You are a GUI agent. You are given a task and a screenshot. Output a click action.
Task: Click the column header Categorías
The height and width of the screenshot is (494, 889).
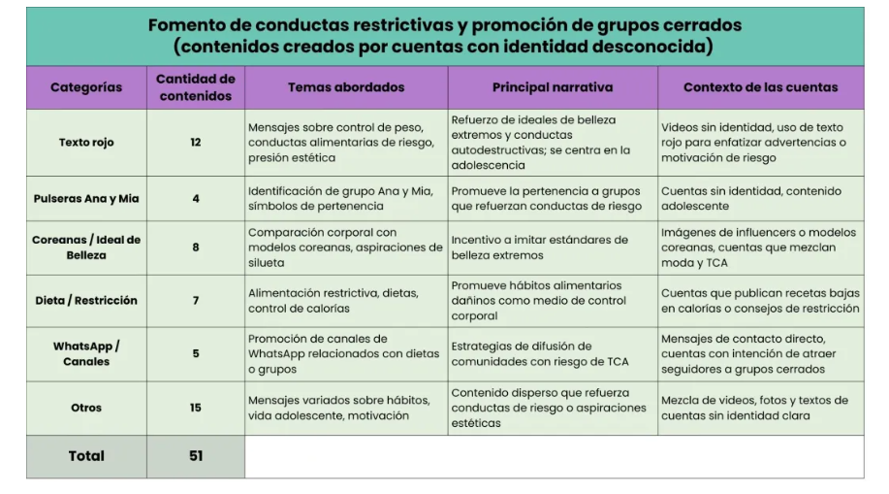point(86,87)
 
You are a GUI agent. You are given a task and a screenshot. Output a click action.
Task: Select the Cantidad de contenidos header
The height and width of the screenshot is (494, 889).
point(196,87)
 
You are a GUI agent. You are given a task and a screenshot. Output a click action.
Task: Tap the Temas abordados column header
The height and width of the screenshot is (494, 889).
point(346,87)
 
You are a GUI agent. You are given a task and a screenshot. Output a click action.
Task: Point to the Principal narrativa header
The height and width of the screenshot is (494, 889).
point(553,87)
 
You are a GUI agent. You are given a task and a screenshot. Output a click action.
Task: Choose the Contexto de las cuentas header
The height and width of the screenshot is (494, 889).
point(760,87)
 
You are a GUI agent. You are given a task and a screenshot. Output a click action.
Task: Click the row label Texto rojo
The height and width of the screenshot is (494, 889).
point(86,143)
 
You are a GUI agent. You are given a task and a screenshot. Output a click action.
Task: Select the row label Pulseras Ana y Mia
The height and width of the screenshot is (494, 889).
point(86,199)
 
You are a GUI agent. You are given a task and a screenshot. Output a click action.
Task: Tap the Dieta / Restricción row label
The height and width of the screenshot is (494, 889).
point(86,301)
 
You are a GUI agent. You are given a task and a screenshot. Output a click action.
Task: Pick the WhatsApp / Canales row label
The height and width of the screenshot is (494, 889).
point(86,353)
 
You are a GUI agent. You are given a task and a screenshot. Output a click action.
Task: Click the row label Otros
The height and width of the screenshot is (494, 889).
point(86,408)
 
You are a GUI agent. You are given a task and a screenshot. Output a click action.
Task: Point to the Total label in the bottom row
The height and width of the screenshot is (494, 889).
point(86,456)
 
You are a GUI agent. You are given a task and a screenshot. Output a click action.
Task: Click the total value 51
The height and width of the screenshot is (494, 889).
point(196,456)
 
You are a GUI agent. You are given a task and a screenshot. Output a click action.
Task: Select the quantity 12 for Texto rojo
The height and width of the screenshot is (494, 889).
point(196,143)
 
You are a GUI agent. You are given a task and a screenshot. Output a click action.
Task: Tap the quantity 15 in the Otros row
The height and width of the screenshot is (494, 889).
point(196,408)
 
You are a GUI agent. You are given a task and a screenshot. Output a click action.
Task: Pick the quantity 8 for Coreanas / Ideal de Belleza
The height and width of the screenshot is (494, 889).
point(196,247)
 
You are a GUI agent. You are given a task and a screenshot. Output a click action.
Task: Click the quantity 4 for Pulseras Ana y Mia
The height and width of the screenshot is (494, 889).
point(196,199)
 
